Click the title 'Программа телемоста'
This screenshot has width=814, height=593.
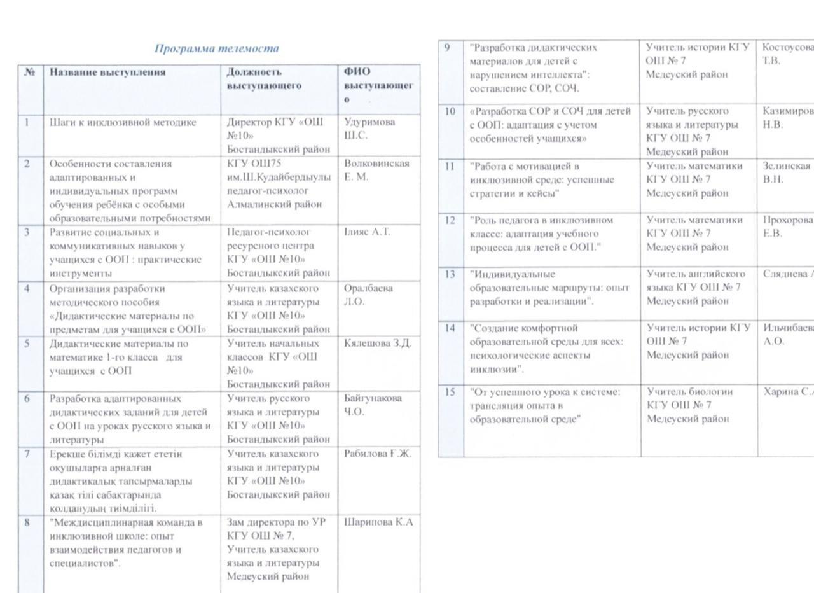[x=217, y=48]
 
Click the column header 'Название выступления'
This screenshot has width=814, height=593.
[x=107, y=72]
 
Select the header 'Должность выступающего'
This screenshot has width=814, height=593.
[x=263, y=78]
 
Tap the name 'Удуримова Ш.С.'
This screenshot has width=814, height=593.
[x=369, y=128]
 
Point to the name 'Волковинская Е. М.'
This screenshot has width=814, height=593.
[x=376, y=170]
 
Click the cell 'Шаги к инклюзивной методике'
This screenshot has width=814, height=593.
[x=123, y=122]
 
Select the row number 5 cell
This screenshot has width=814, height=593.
[x=27, y=344]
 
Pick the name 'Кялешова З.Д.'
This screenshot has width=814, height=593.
[x=377, y=344]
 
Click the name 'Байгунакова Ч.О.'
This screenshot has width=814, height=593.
[x=373, y=405]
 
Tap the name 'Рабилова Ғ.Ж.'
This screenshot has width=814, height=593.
[x=378, y=454]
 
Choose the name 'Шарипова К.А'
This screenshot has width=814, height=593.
[x=378, y=522]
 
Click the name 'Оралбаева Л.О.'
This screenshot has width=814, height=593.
[x=368, y=295]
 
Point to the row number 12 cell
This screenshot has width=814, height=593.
[x=450, y=220]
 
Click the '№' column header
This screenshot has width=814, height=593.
[x=29, y=72]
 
